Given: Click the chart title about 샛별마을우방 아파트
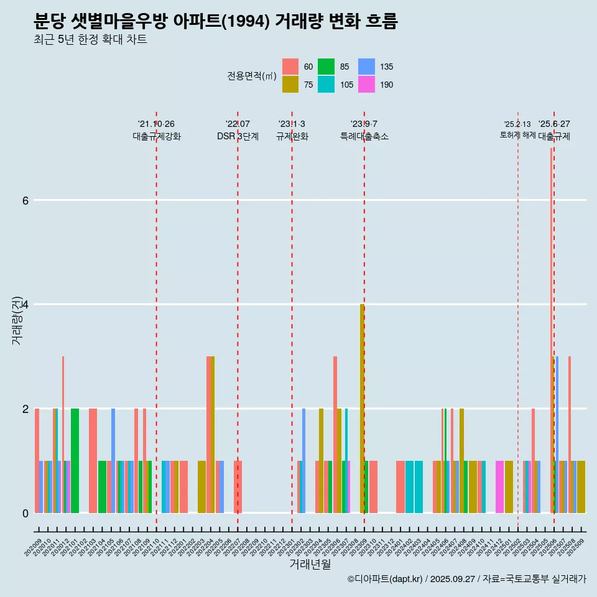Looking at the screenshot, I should [x=215, y=22].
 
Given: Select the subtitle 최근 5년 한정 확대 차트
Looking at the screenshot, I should [x=90, y=40].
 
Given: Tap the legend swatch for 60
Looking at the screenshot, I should [x=290, y=67].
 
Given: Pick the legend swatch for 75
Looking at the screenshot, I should [x=290, y=85].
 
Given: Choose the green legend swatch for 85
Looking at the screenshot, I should [x=326, y=67].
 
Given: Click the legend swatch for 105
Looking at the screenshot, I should [x=326, y=85].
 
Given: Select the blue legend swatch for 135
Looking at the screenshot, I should [x=367, y=67].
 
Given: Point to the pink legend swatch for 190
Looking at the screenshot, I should [x=367, y=85].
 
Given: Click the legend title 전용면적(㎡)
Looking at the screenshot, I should [x=251, y=76].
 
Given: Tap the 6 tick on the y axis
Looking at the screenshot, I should [x=25, y=200].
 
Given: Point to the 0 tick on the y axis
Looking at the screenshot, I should [x=25, y=513].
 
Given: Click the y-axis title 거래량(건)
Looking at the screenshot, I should [x=17, y=320].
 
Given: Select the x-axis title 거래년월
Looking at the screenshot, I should [x=310, y=564].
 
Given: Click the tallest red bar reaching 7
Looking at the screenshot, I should [x=551, y=330].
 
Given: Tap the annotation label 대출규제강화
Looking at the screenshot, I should [x=157, y=136].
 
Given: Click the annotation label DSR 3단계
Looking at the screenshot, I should [x=238, y=136].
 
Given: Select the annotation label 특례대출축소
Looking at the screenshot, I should [x=364, y=136].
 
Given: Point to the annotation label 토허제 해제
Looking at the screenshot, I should [x=517, y=134].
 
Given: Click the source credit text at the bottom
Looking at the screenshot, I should [x=466, y=579].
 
